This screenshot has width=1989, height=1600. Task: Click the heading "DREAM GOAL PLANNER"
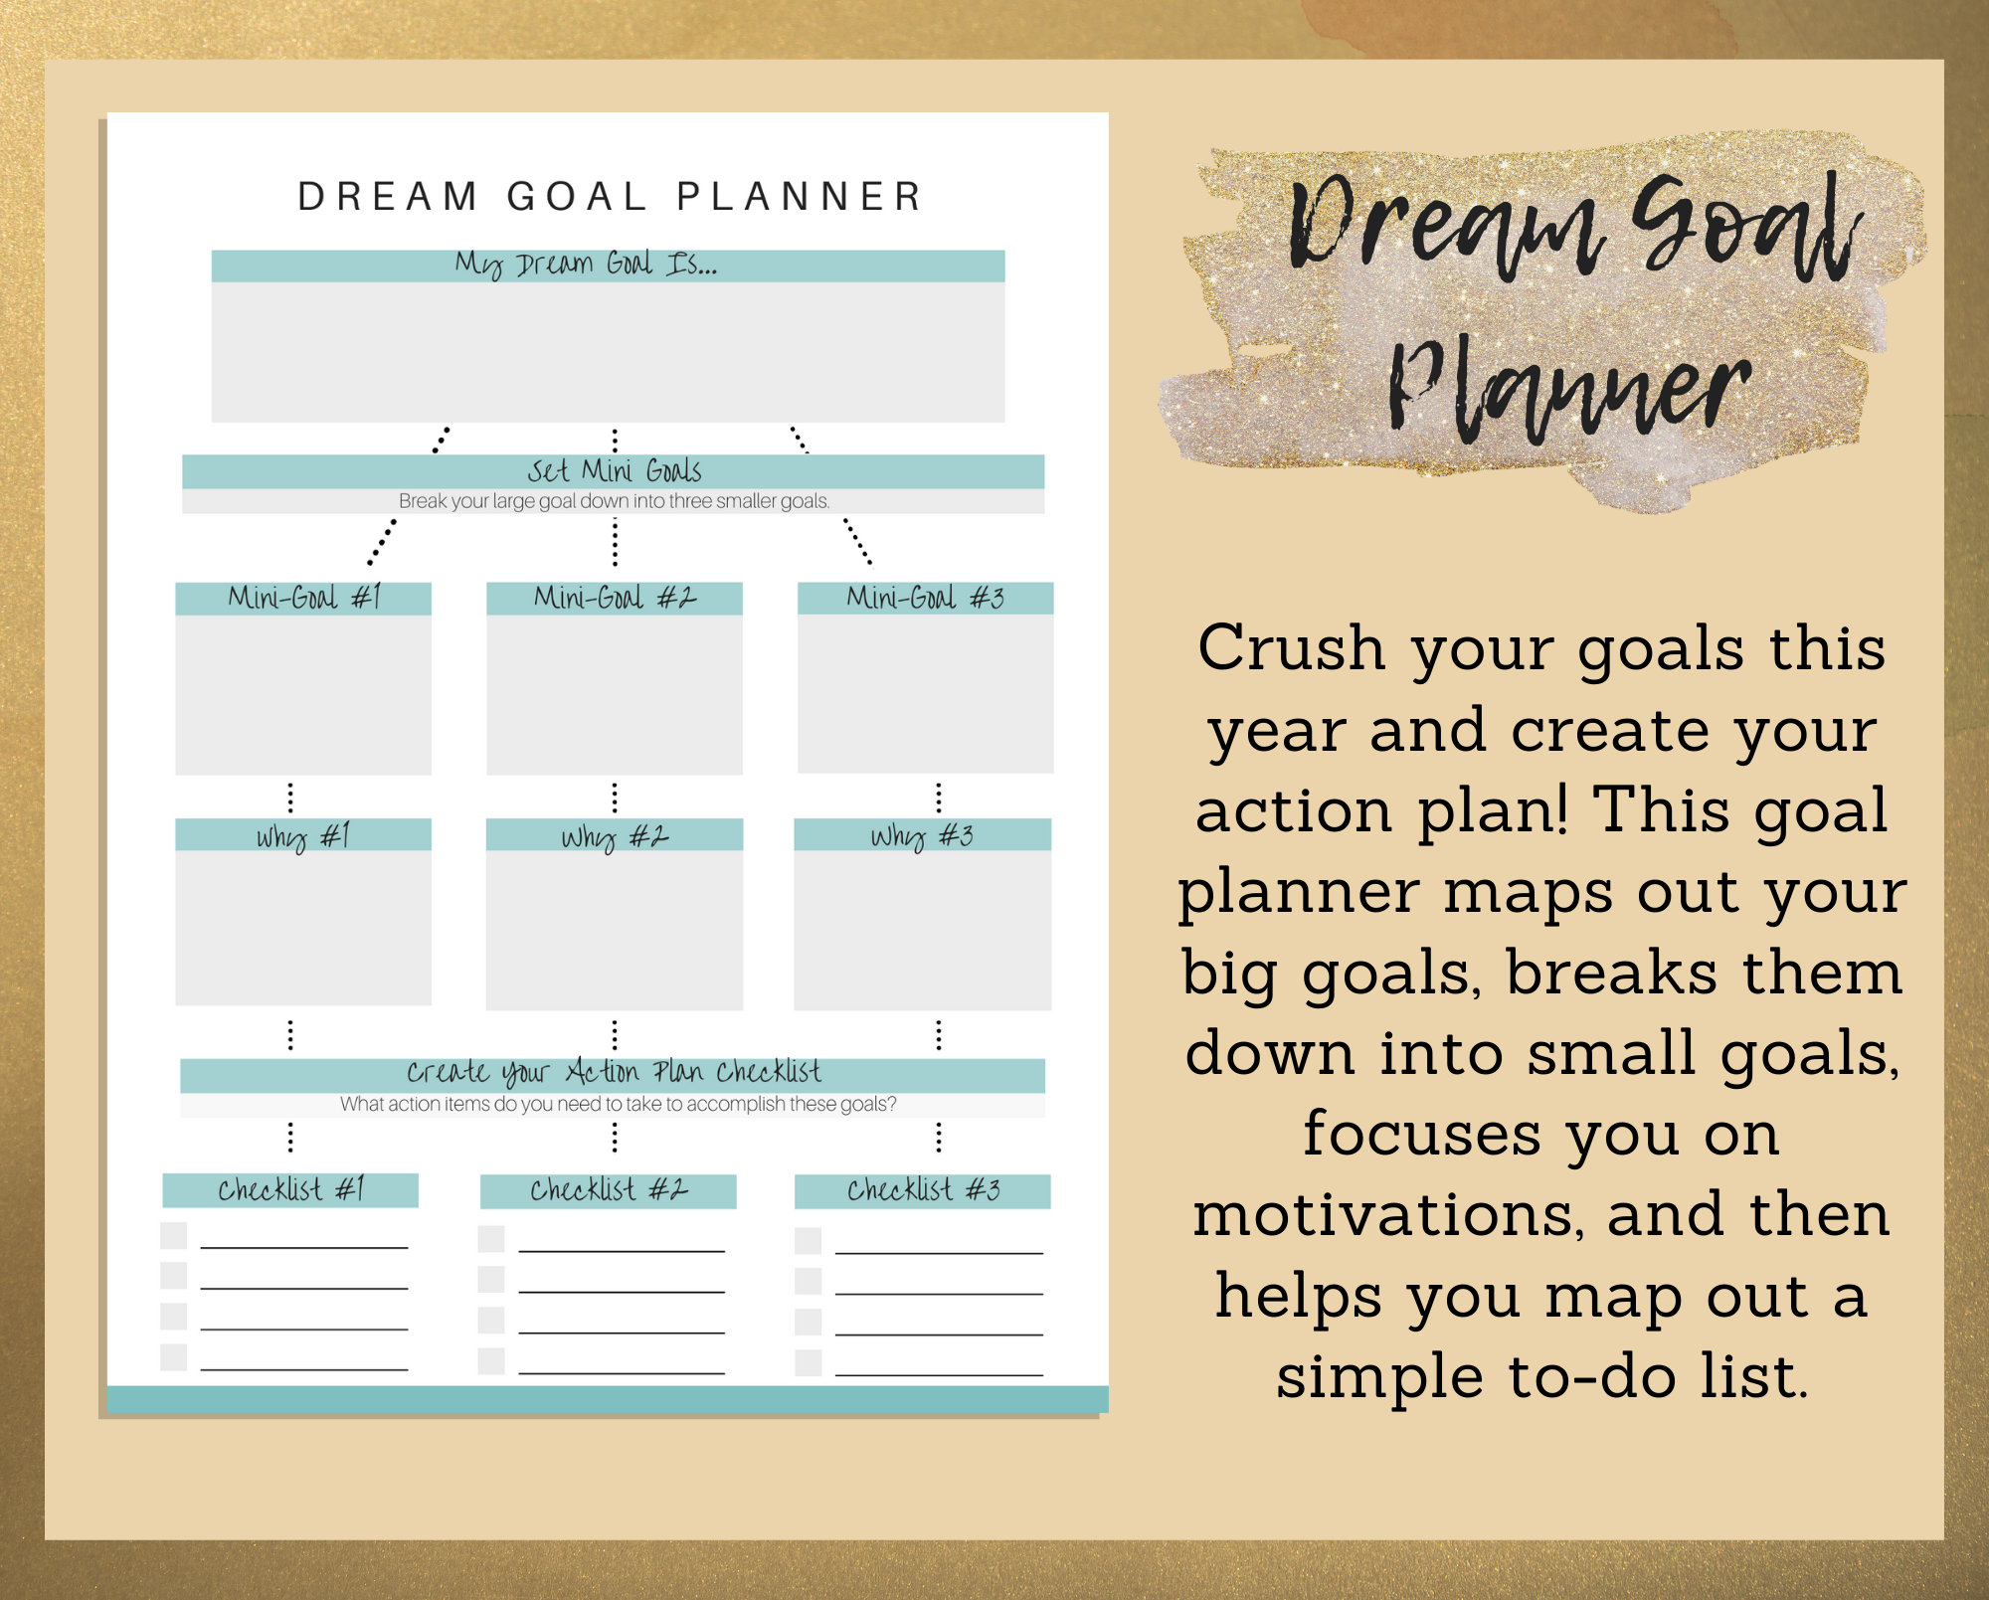coord(610,197)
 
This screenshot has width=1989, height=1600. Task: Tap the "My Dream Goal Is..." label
coord(586,265)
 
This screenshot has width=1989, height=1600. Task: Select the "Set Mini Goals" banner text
coord(614,470)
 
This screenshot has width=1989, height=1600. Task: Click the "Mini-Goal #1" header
coord(303,598)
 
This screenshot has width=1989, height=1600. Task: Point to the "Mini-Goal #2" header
coord(614,598)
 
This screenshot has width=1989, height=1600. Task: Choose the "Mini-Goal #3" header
coord(925,598)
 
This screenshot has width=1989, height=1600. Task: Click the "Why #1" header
coord(303,835)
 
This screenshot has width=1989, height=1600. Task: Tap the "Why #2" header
coord(614,835)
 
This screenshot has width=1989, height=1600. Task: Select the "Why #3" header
coord(922,835)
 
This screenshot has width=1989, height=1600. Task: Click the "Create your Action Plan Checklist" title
coord(614,1072)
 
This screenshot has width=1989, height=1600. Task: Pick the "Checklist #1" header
coord(290,1189)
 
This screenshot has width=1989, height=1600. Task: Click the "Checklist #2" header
coord(608,1190)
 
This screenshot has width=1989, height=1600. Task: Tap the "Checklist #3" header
coord(923,1190)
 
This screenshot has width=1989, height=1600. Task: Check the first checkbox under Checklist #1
coord(174,1235)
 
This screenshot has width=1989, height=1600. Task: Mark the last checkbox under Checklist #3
coord(809,1362)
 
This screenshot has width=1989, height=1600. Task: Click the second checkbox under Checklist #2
coord(491,1279)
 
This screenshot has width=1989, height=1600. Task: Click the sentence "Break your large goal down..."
coord(614,501)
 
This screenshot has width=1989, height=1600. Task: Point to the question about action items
coord(618,1104)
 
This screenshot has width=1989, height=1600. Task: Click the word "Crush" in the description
coord(1291,648)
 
